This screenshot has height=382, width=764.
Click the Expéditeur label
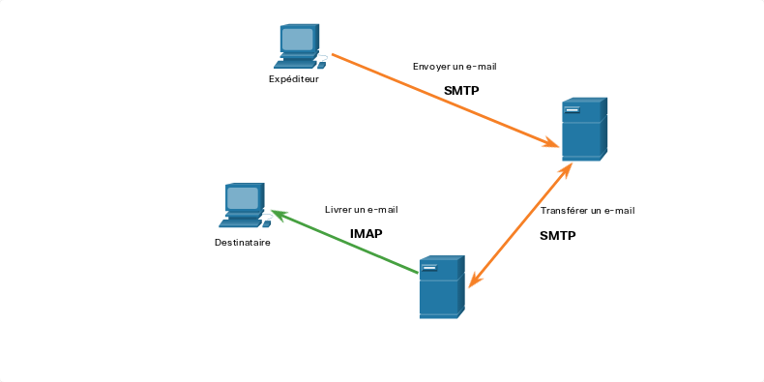294,79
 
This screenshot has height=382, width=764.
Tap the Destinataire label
242,242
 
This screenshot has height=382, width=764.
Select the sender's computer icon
300,45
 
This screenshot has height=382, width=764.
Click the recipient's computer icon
245,205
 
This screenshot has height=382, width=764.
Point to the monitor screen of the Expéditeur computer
297,39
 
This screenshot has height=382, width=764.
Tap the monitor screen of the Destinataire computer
242,198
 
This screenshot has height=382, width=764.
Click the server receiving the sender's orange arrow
584,130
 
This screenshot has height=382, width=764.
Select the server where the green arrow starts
442,287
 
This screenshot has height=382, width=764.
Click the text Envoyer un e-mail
455,67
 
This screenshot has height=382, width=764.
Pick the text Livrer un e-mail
362,210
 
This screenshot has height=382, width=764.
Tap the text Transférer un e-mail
588,211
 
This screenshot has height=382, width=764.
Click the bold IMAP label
367,234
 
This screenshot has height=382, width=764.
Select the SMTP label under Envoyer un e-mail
461,91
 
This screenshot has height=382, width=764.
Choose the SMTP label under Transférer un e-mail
557,236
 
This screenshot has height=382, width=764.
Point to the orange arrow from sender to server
445,100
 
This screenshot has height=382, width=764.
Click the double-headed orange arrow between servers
519,224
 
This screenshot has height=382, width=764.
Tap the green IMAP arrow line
344,241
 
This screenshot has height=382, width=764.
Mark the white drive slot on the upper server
572,110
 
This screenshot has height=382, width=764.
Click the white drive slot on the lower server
429,268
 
